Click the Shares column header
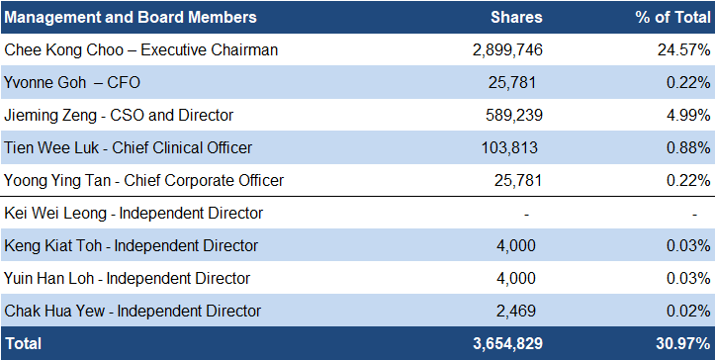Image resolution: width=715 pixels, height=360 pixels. pyautogui.click(x=516, y=18)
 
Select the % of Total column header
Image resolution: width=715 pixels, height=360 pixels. pyautogui.click(x=672, y=18)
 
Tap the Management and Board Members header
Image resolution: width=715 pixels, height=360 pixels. pyautogui.click(x=131, y=18)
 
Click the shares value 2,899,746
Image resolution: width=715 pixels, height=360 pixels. pyautogui.click(x=507, y=49)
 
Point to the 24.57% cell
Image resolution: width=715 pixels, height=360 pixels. pyautogui.click(x=683, y=49)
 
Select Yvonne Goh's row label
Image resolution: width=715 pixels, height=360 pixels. pyautogui.click(x=72, y=83)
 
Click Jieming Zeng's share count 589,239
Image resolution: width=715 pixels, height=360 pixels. pyautogui.click(x=514, y=115)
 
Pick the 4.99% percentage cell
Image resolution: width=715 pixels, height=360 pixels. pyautogui.click(x=688, y=115)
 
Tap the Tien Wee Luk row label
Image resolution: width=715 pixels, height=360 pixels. pyautogui.click(x=129, y=147)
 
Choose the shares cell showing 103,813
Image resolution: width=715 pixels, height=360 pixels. pyautogui.click(x=509, y=147)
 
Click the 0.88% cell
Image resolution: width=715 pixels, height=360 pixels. pyautogui.click(x=688, y=147)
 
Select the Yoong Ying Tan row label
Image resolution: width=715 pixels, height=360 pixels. pyautogui.click(x=143, y=181)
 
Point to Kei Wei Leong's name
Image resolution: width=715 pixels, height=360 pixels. pyautogui.click(x=55, y=213)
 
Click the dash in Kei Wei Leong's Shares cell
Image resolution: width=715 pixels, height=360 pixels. pyautogui.click(x=526, y=214)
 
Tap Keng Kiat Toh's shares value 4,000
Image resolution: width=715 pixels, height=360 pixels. pyautogui.click(x=516, y=246)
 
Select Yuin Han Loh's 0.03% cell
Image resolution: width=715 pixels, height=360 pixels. pyautogui.click(x=688, y=278)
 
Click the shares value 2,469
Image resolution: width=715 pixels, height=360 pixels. pyautogui.click(x=516, y=312)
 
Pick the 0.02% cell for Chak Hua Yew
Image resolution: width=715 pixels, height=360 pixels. pyautogui.click(x=688, y=312)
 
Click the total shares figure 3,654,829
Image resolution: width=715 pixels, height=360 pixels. pyautogui.click(x=507, y=343)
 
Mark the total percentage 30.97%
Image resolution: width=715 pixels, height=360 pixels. pyautogui.click(x=683, y=343)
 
